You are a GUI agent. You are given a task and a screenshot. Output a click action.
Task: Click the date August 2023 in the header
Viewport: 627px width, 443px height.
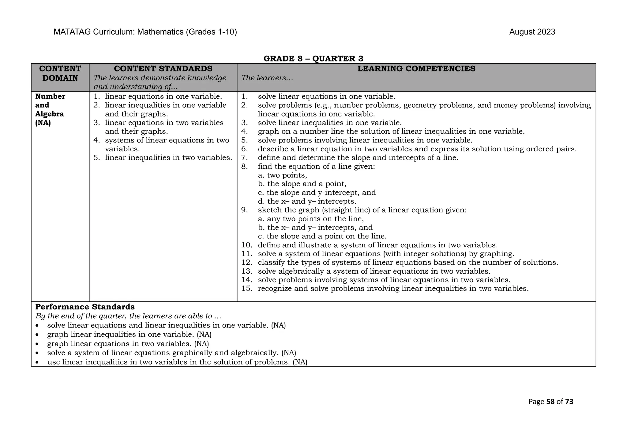pos(532,32)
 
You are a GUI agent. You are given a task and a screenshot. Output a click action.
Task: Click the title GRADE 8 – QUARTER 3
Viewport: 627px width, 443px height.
pos(313,58)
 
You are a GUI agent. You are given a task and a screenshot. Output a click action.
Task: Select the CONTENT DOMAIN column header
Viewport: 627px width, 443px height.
pos(60,73)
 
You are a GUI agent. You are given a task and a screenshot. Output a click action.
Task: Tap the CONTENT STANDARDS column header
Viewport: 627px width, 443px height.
pos(163,68)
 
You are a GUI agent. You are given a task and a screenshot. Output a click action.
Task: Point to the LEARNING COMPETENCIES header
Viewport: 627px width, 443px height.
pos(416,68)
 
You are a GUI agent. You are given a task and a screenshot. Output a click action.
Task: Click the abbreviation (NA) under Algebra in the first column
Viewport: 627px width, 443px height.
pos(43,123)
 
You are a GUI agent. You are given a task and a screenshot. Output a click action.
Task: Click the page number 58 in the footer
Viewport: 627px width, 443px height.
pos(550,402)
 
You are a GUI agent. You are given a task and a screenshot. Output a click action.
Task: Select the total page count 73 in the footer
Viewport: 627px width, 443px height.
pos(569,402)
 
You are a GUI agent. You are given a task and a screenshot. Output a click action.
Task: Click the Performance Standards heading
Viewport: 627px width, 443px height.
pos(85,307)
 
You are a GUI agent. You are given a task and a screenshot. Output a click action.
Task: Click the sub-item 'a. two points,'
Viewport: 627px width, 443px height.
pos(282,175)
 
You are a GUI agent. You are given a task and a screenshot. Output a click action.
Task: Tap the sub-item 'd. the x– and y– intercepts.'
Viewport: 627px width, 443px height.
pos(307,201)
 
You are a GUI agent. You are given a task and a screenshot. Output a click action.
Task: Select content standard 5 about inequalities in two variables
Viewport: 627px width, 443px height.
pos(168,158)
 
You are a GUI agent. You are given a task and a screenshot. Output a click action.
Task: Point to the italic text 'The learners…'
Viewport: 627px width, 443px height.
pos(267,78)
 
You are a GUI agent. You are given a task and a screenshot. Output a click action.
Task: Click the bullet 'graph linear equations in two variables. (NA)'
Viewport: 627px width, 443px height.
pos(128,344)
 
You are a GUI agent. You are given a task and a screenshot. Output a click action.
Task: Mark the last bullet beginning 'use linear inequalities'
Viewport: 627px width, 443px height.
pos(177,362)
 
